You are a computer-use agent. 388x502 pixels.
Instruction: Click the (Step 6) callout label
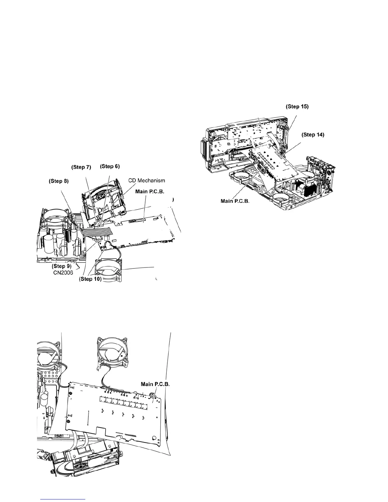(x=110, y=166)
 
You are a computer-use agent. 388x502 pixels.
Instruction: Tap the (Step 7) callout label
(x=81, y=167)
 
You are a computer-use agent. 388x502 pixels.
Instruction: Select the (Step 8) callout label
(x=58, y=181)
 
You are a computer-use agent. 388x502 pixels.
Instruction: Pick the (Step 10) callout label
(x=90, y=279)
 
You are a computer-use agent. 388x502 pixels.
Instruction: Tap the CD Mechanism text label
(x=146, y=180)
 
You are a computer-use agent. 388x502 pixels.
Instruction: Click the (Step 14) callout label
(x=313, y=135)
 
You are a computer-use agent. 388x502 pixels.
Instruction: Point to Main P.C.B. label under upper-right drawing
(x=235, y=201)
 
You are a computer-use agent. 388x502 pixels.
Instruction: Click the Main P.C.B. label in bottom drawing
(x=155, y=384)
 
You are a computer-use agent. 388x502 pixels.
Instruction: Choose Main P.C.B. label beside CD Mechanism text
(x=150, y=191)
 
